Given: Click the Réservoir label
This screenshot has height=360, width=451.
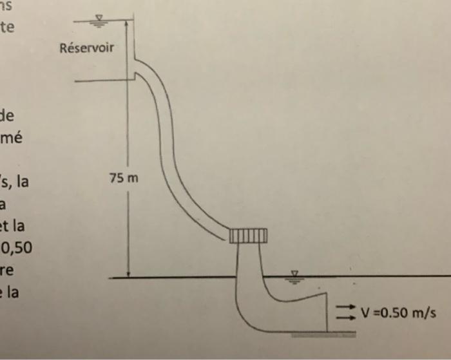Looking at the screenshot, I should click(86, 48).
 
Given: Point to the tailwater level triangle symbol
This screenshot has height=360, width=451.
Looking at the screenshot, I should click(295, 274).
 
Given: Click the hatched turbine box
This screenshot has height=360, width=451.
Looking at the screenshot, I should click(247, 236).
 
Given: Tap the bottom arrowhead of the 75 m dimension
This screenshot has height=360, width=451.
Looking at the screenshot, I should click(128, 274).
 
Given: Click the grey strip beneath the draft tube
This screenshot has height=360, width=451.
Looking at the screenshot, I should click(323, 336).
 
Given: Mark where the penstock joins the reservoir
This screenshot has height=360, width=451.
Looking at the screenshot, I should click(136, 68).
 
